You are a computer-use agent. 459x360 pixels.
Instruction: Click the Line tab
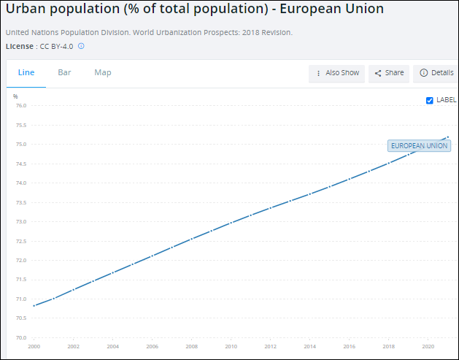pyautogui.click(x=26, y=73)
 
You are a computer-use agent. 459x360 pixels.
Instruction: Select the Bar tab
pyautogui.click(x=64, y=73)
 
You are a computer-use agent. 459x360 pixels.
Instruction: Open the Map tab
pyautogui.click(x=103, y=73)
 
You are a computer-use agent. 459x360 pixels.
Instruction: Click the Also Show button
pyautogui.click(x=337, y=73)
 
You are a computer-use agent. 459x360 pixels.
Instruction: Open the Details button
pyautogui.click(x=436, y=73)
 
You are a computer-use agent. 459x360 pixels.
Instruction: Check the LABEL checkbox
pyautogui.click(x=430, y=101)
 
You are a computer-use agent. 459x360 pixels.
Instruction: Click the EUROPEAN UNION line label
pyautogui.click(x=419, y=146)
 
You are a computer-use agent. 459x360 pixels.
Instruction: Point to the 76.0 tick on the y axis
pyautogui.click(x=20, y=106)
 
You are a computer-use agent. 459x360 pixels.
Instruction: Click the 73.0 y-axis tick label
pyautogui.click(x=20, y=222)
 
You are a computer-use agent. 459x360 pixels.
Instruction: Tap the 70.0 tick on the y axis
pyautogui.click(x=20, y=338)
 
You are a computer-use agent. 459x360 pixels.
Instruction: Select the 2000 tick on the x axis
pyautogui.click(x=34, y=346)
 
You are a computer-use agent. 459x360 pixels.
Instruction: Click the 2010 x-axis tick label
pyautogui.click(x=231, y=346)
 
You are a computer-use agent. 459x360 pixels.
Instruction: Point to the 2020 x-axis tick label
pyautogui.click(x=428, y=346)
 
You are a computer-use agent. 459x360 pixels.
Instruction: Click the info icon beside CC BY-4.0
pyautogui.click(x=81, y=46)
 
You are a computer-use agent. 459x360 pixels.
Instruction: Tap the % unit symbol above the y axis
pyautogui.click(x=15, y=96)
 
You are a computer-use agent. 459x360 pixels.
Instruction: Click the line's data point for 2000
pyautogui.click(x=34, y=305)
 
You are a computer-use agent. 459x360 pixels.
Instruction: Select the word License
pyautogui.click(x=19, y=46)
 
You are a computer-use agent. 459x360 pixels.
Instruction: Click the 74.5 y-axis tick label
pyautogui.click(x=20, y=164)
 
